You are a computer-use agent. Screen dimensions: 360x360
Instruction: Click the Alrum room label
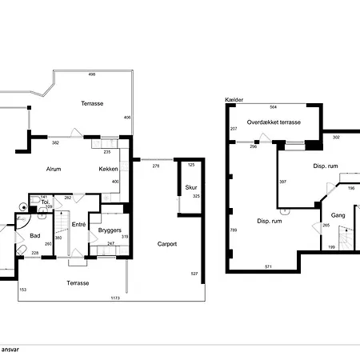pyautogui.click(x=54, y=169)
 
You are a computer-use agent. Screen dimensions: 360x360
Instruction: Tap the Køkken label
pyautogui.click(x=108, y=169)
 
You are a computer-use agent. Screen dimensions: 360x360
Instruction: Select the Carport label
pyautogui.click(x=167, y=244)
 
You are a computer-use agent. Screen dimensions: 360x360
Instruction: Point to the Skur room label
pyautogui.click(x=191, y=187)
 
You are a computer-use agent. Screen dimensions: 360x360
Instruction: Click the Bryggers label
pyautogui.click(x=110, y=230)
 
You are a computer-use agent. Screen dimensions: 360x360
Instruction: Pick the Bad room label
pyautogui.click(x=35, y=236)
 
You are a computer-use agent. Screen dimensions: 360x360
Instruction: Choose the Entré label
pyautogui.click(x=78, y=225)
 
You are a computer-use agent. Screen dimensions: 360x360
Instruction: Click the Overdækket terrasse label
pyautogui.click(x=274, y=122)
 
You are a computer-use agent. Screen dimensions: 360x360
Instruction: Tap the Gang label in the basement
pyautogui.click(x=338, y=215)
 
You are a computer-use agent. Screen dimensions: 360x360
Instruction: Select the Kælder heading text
pyautogui.click(x=234, y=100)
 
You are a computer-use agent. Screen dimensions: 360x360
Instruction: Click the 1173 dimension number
pyautogui.click(x=115, y=298)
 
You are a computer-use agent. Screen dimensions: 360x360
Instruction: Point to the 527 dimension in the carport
pyautogui.click(x=194, y=274)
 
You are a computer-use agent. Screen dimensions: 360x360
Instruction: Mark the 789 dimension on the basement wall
pyautogui.click(x=234, y=230)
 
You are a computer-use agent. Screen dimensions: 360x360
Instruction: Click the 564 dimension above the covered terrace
pyautogui.click(x=274, y=107)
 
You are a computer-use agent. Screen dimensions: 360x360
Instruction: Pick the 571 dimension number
pyautogui.click(x=269, y=266)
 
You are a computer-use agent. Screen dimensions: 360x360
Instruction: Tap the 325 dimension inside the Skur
pyautogui.click(x=196, y=196)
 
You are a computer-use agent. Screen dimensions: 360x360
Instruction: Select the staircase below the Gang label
pyautogui.click(x=346, y=238)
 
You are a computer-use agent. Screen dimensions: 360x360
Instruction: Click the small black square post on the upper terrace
pyautogui.click(x=29, y=107)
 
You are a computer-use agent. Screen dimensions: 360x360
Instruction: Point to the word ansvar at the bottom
pyautogui.click(x=10, y=350)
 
